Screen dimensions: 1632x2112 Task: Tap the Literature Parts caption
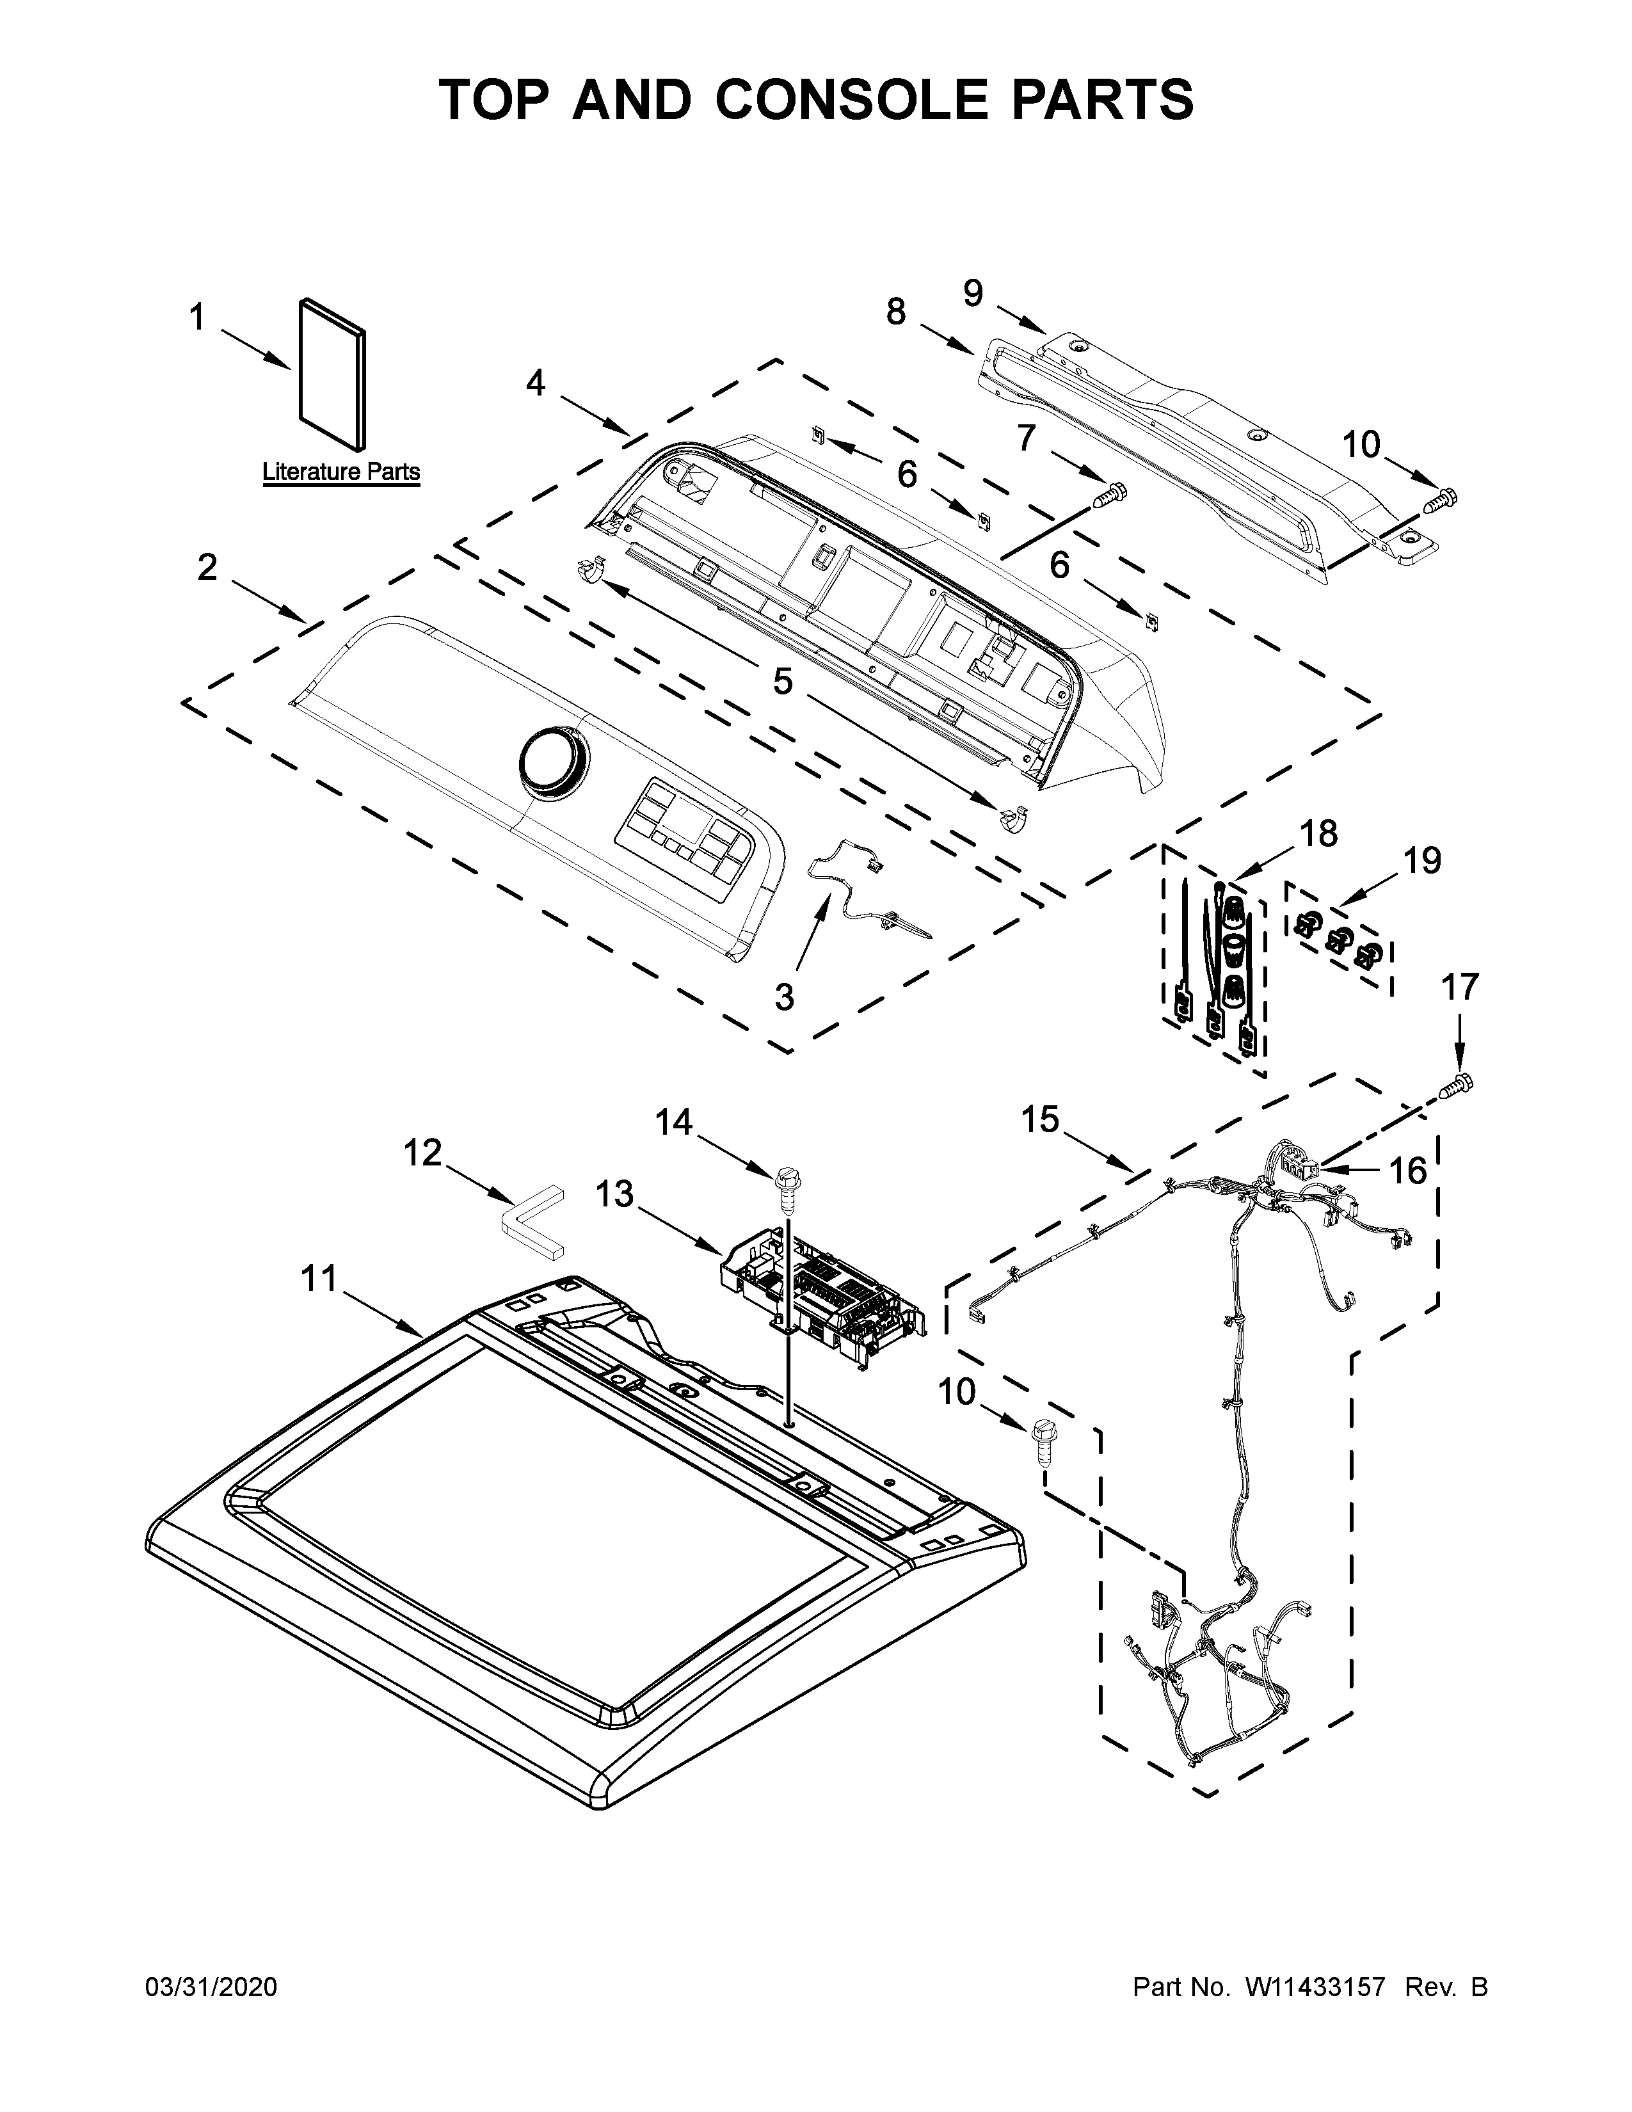tap(341, 472)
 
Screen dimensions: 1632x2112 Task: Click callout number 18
tap(1319, 833)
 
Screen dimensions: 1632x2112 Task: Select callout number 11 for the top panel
tap(318, 1279)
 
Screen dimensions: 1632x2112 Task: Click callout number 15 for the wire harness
tap(1040, 1120)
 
